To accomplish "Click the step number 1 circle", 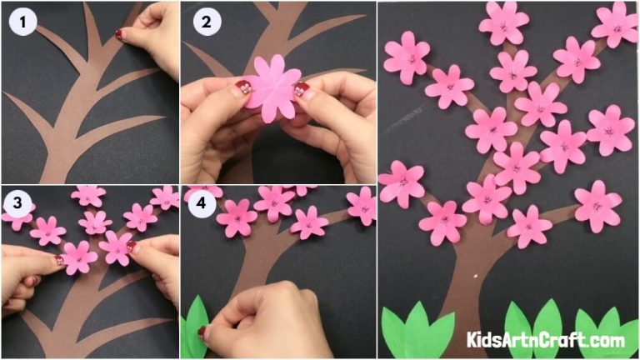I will (22, 22).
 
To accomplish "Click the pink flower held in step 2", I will (273, 87).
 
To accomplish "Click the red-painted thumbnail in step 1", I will (120, 34).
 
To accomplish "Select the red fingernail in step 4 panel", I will (202, 332).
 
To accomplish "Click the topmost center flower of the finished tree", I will (503, 24).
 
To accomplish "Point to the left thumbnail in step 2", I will (243, 86).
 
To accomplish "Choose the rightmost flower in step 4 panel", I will (362, 205).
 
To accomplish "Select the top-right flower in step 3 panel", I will (164, 197).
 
